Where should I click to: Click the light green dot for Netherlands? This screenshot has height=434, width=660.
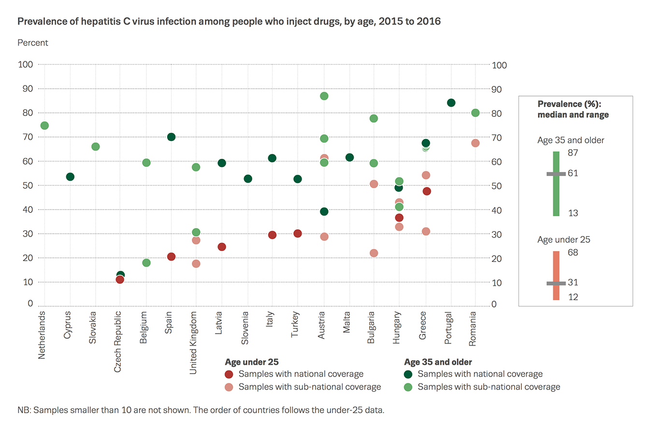[44, 126]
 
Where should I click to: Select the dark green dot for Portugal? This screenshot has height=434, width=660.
[451, 103]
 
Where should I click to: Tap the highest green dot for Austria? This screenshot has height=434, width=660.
[324, 96]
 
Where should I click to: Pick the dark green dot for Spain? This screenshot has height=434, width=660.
[171, 137]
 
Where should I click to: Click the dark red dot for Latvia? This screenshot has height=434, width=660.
[222, 247]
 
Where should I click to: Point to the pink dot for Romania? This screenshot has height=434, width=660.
[475, 143]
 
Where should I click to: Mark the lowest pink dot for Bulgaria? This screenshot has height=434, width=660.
[373, 253]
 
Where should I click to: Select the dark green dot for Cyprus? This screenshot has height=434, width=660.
[70, 177]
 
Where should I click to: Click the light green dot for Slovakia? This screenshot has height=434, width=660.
[96, 147]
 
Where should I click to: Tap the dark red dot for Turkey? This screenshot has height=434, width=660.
[298, 234]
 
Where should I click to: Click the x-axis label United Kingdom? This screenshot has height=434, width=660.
[193, 343]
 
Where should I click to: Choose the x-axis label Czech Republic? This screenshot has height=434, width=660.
[117, 342]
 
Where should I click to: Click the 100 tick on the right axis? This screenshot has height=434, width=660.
[499, 65]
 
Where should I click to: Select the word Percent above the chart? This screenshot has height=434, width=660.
[33, 43]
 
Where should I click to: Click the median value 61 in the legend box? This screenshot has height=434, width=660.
[573, 173]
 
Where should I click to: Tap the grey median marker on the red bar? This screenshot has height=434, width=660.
[556, 283]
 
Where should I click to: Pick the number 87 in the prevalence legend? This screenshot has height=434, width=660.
[573, 153]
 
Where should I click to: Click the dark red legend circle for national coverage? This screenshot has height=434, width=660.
[229, 374]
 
